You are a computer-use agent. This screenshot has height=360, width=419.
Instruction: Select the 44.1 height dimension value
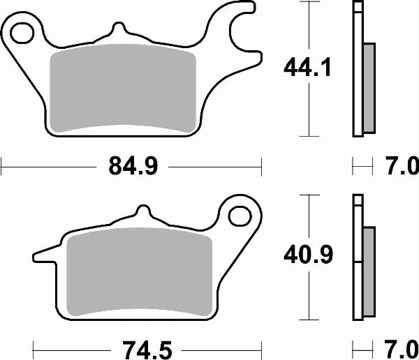(x=307, y=68)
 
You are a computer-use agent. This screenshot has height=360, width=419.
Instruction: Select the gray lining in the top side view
(x=369, y=87)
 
